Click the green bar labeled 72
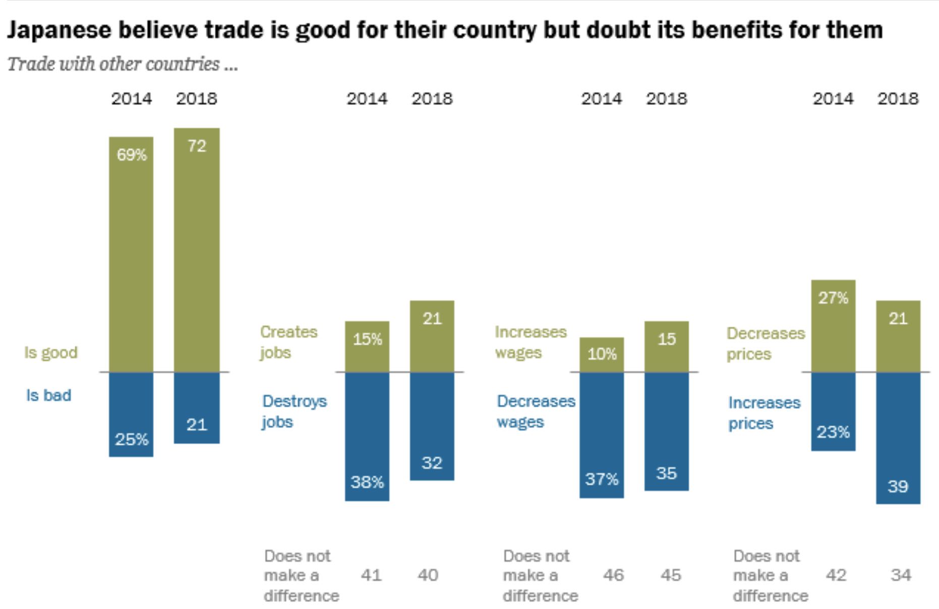point(197,250)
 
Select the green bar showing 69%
point(131,255)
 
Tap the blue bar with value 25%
point(131,414)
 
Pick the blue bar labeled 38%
point(367,437)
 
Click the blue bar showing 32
point(432,426)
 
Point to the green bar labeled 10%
point(602,355)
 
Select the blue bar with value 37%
point(602,435)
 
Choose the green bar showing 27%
point(833,326)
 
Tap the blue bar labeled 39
point(898,438)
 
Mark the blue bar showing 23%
point(833,411)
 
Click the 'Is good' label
point(51,352)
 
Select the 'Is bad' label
point(48,395)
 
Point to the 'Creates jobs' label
point(288,342)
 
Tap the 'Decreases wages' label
point(536,411)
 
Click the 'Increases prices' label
point(764,413)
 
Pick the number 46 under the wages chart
point(613,575)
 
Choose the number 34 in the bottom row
point(901,575)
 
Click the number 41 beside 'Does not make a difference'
point(371,575)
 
